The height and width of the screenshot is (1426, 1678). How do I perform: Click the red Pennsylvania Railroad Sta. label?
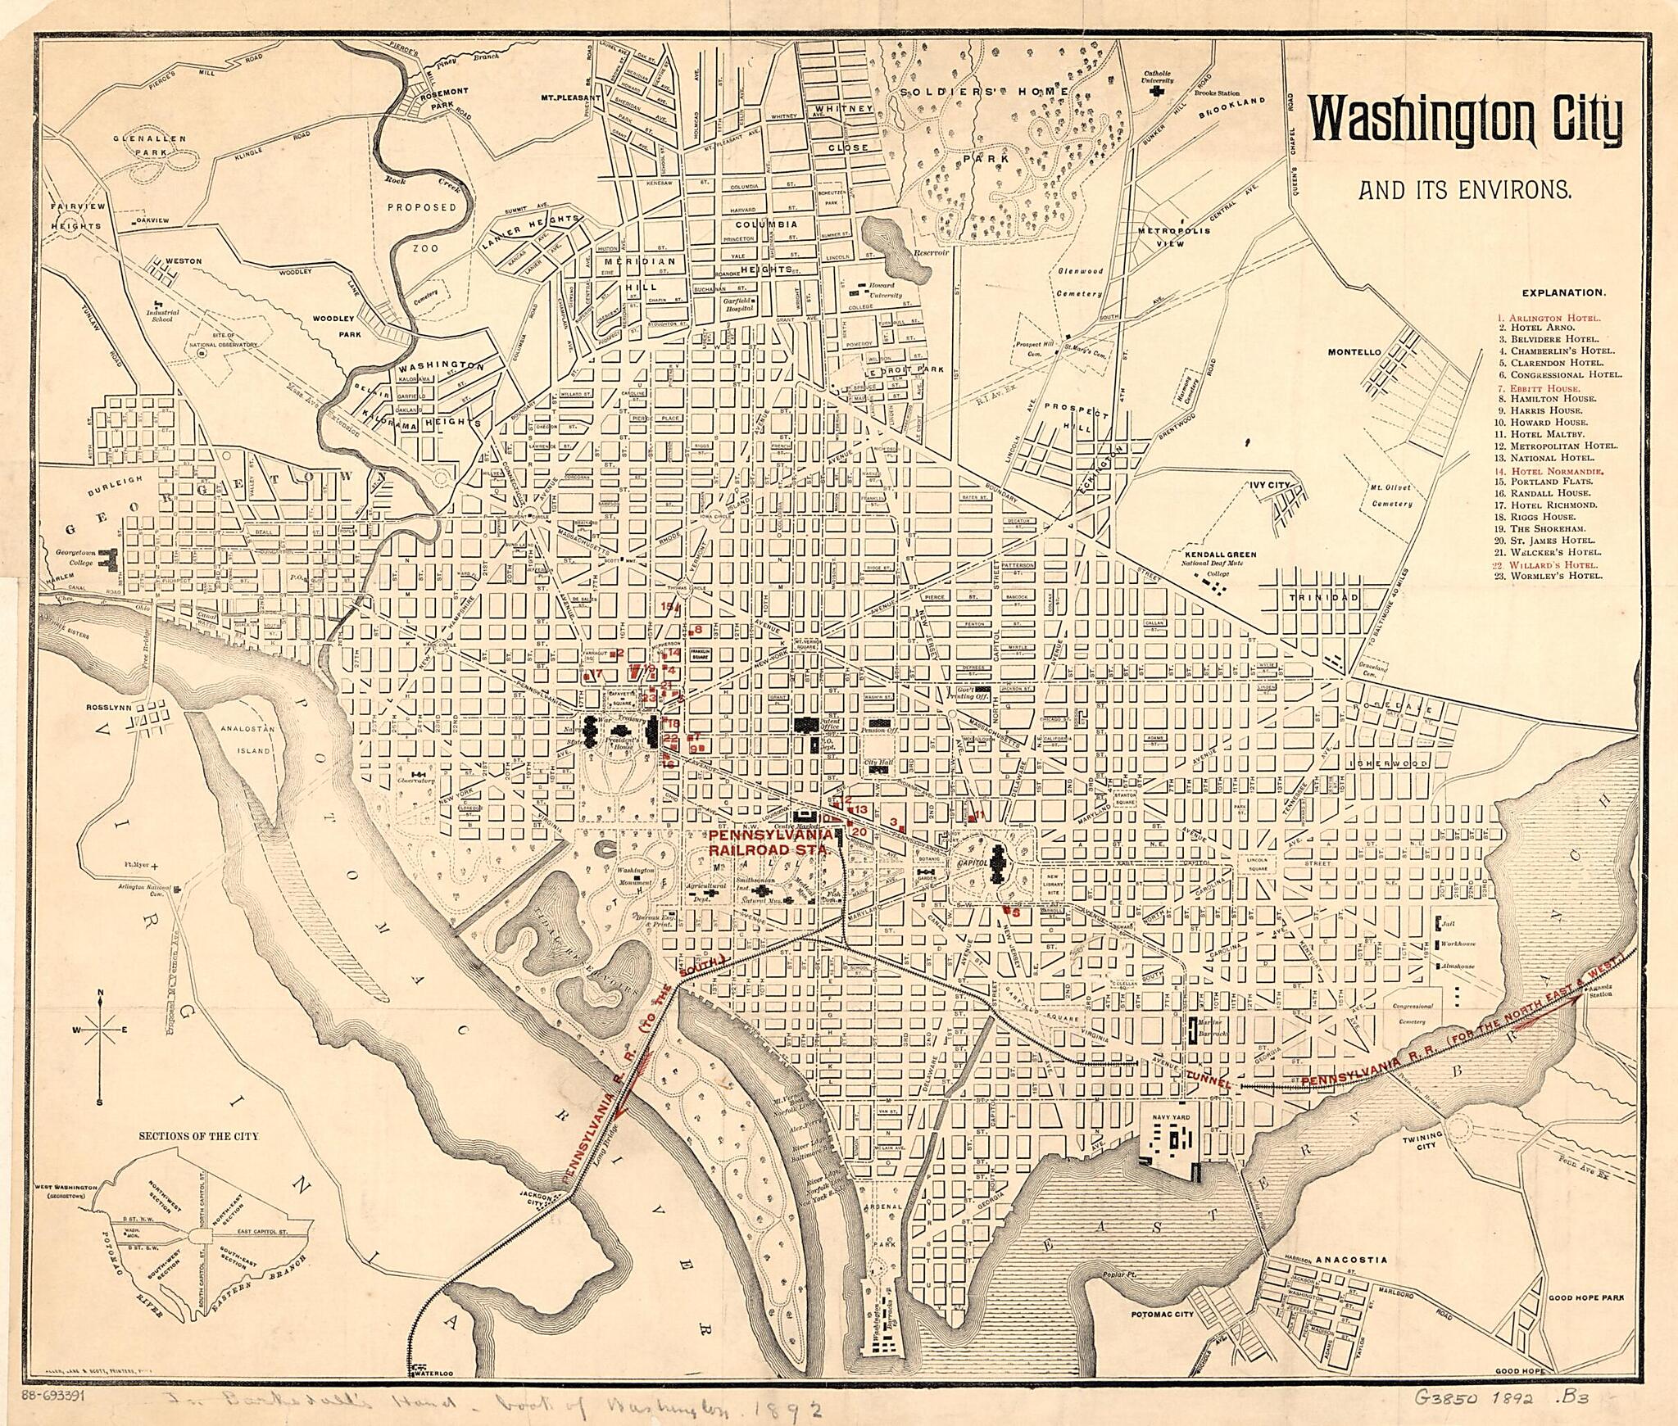click(x=773, y=841)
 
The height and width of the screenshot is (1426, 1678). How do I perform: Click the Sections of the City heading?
click(x=198, y=1136)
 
